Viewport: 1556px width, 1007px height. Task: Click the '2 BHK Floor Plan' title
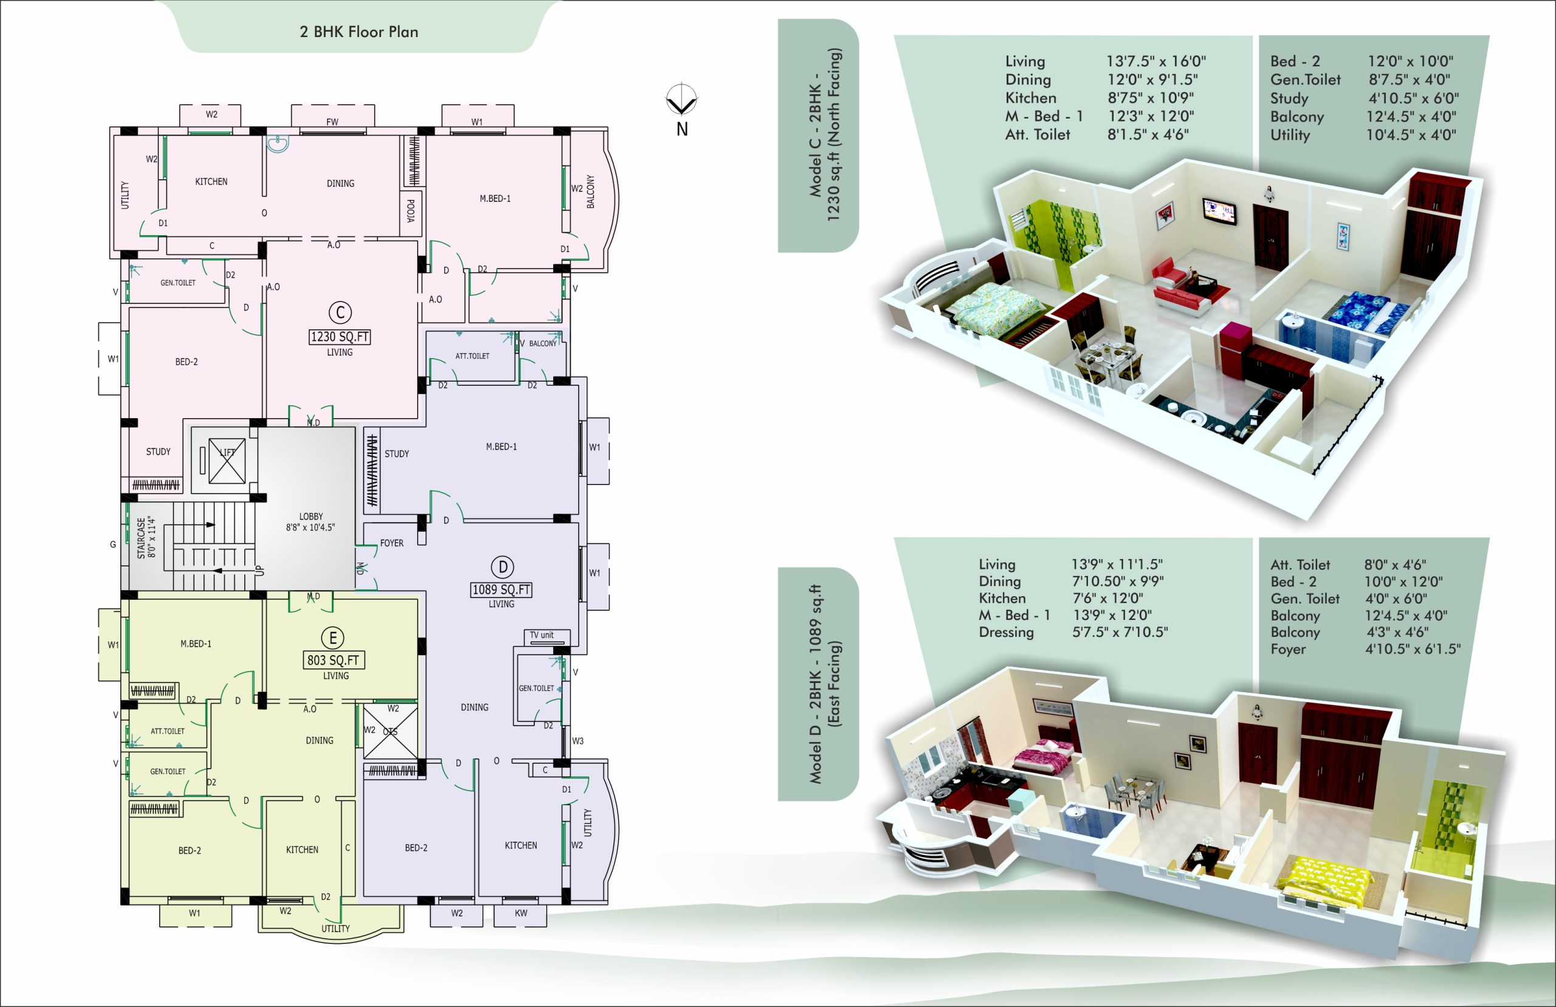[x=359, y=32]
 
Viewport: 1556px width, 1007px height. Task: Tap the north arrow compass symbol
[x=681, y=101]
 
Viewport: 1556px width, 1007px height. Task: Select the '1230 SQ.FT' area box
[x=339, y=337]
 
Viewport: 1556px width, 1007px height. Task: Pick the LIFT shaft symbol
[x=227, y=461]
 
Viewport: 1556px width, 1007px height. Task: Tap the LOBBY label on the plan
[x=311, y=517]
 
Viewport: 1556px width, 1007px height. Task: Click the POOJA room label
[x=410, y=210]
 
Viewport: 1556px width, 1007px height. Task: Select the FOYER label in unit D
[x=391, y=543]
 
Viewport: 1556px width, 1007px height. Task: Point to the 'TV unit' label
[x=542, y=635]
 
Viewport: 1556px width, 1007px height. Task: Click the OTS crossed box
[x=390, y=731]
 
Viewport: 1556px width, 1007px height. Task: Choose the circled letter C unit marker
[x=340, y=312]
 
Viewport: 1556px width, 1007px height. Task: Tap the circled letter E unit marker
[x=332, y=638]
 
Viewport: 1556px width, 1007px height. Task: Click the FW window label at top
[x=332, y=122]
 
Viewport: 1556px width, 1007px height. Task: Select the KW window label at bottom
[x=520, y=913]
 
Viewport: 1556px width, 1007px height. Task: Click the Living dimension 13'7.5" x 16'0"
[x=1156, y=61]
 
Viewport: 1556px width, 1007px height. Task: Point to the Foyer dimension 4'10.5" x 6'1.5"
[x=1412, y=649]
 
